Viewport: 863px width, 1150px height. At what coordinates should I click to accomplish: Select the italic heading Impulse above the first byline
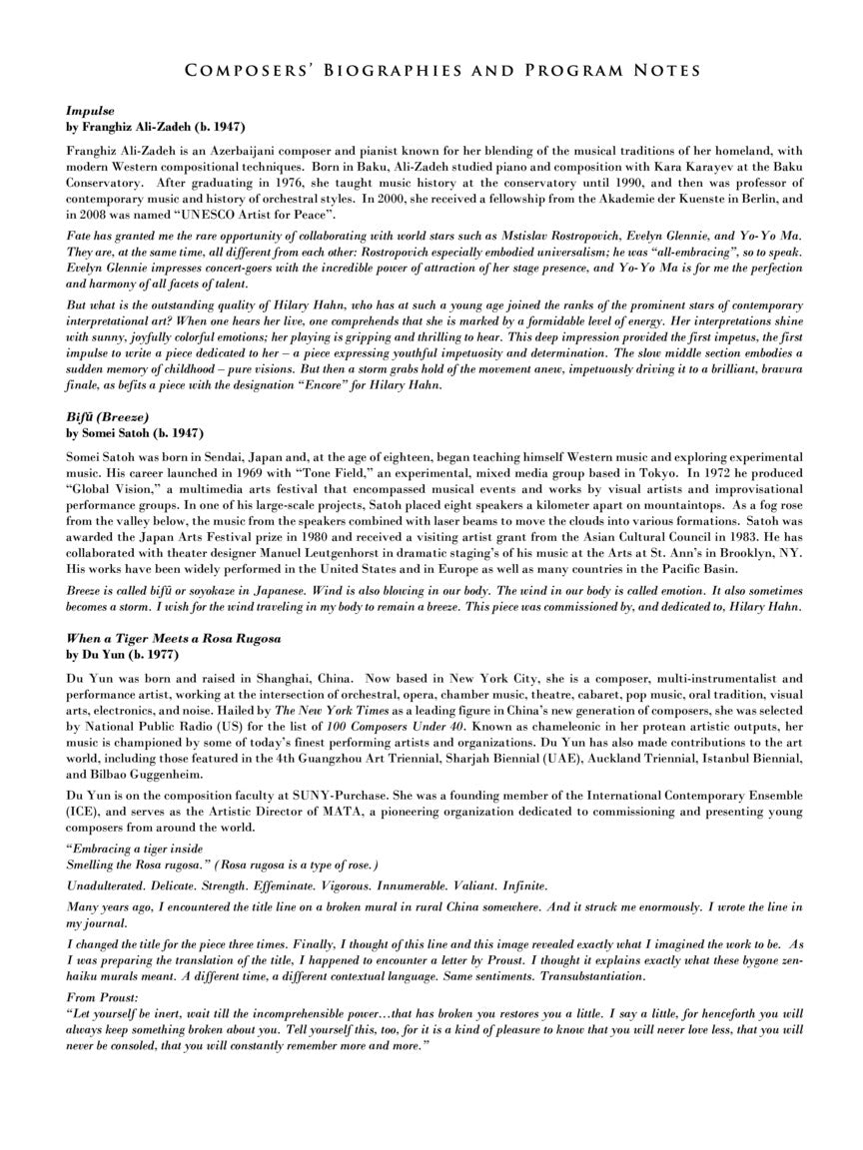point(90,112)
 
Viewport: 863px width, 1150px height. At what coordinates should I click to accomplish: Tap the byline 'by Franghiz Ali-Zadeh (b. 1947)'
point(155,127)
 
